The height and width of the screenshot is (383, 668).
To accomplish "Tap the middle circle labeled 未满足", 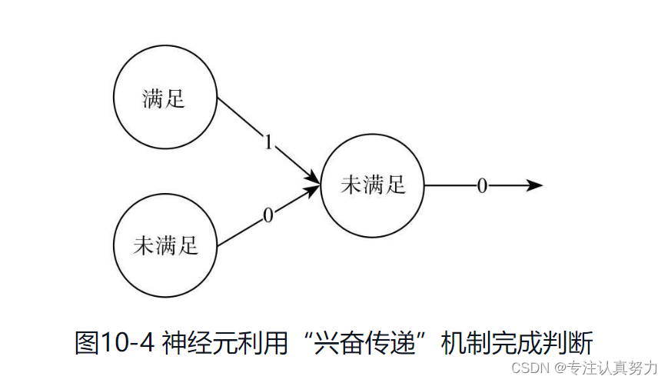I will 372,185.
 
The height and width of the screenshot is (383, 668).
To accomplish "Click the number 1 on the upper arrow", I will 268,142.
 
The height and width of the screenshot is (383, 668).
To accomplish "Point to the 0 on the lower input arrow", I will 268,216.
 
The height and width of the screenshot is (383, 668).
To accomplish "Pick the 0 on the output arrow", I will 482,186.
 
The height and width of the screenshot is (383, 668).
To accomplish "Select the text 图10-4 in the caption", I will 115,342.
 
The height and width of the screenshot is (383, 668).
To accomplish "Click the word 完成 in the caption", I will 516,342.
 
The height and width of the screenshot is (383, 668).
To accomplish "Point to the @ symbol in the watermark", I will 560,367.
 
